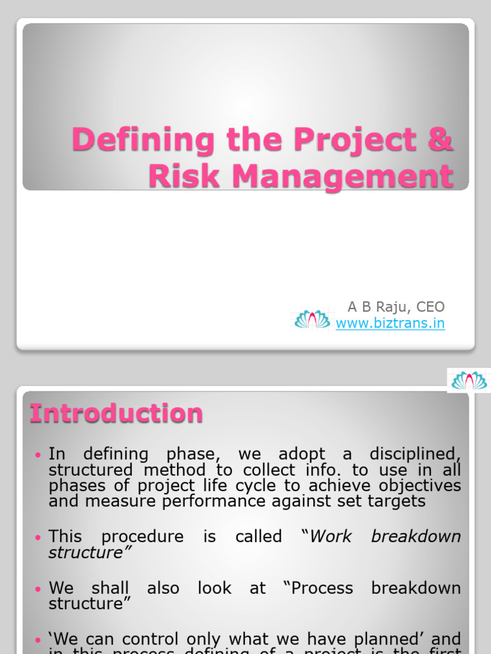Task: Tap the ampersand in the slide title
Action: click(440, 140)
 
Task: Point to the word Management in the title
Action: click(343, 176)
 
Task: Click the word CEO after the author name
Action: click(430, 307)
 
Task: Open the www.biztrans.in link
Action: click(390, 323)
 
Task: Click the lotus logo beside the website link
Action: click(312, 319)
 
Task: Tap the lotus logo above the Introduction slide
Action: click(469, 381)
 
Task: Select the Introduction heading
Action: click(116, 413)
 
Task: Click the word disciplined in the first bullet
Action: click(418, 455)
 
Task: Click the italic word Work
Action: click(331, 536)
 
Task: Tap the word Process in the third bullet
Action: click(322, 588)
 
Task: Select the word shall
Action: click(110, 588)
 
